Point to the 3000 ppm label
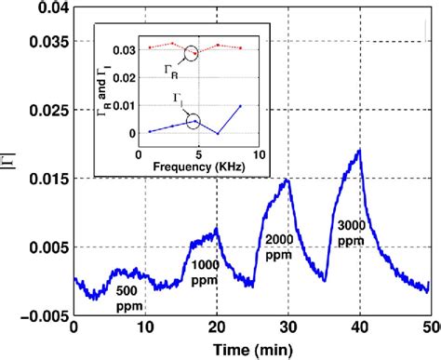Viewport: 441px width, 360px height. click(347, 232)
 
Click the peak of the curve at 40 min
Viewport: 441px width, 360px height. click(359, 150)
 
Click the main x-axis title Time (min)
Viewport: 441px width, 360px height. click(250, 351)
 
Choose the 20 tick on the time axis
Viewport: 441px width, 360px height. click(217, 328)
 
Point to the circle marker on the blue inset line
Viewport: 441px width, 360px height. click(194, 120)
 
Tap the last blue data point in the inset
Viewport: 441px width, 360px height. click(241, 106)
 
